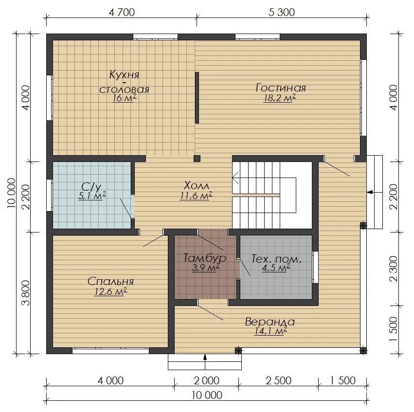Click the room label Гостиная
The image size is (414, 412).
281,88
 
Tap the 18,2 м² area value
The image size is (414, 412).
280,98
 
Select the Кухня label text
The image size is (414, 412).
124,75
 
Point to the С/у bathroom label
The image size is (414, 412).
91,187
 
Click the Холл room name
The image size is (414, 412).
196,185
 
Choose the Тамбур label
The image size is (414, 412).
205,258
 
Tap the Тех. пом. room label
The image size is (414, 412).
276,259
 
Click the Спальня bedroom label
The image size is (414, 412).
110,281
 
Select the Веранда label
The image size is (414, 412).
270,322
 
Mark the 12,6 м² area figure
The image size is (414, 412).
110,292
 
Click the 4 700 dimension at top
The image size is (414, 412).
122,12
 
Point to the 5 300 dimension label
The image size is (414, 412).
282,12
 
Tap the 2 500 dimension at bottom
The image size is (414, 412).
278,380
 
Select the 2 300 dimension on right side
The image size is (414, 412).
394,269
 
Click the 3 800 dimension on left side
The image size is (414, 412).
26,293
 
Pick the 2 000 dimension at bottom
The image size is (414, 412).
206,380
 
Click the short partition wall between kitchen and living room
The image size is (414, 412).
197,98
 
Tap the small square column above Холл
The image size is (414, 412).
197,159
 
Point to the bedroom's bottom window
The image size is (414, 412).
110,351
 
